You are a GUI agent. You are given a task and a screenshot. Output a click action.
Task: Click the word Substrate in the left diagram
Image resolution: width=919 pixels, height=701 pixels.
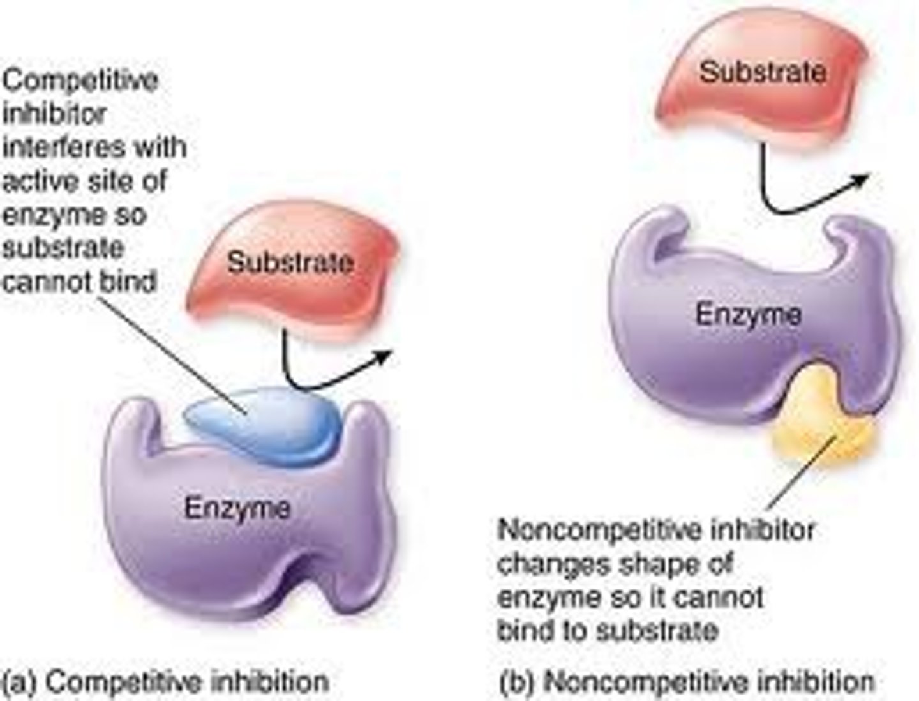click(290, 262)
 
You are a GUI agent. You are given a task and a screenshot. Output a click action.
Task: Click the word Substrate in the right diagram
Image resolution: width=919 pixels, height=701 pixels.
click(763, 71)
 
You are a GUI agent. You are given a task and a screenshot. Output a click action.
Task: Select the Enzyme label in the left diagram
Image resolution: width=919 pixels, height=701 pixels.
click(237, 508)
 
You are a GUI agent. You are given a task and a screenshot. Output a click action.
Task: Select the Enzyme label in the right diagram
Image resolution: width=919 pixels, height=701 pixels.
click(748, 314)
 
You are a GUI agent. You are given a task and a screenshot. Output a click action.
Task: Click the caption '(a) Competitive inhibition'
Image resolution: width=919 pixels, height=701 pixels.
click(166, 682)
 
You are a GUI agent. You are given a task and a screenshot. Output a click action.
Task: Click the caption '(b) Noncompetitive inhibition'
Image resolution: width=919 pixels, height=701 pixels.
click(686, 682)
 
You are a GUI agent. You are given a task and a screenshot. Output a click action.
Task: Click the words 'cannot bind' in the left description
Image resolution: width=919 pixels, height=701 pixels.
click(79, 281)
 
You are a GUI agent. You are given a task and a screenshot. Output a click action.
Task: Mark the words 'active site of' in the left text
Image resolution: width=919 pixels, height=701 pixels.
click(84, 181)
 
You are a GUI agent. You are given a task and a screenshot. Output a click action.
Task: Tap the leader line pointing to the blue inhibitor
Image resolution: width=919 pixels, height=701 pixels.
click(172, 351)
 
